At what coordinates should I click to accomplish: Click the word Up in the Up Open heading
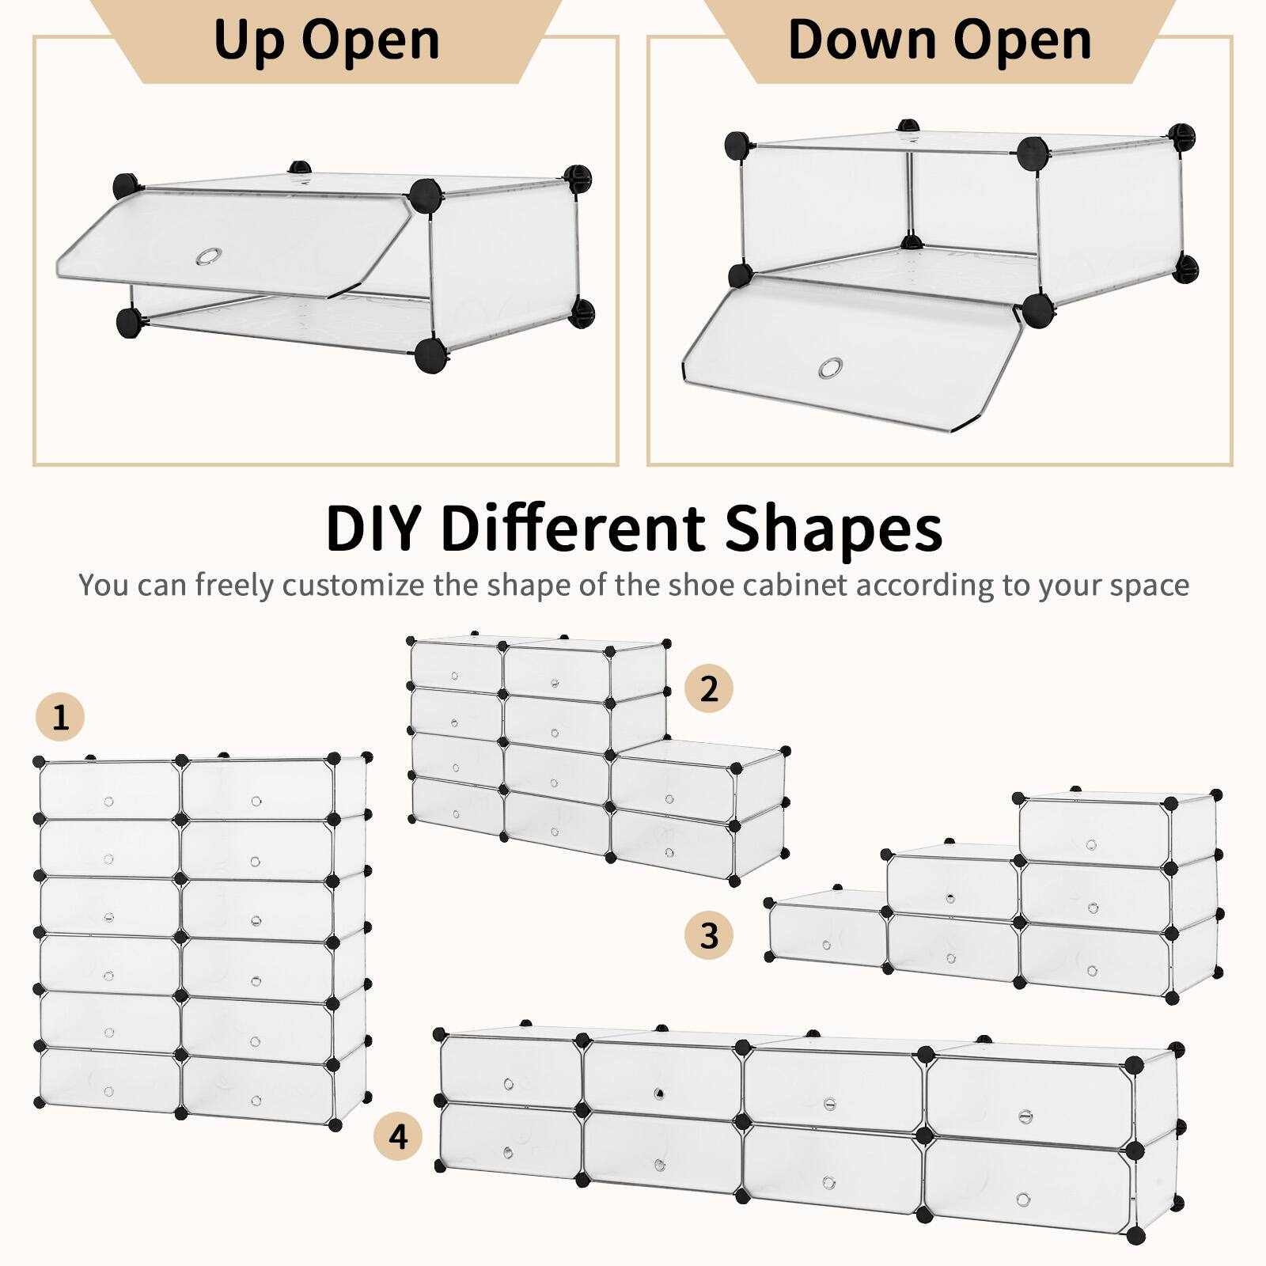[x=249, y=41]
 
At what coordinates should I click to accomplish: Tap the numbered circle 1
[x=60, y=718]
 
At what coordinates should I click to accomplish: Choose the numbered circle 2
[x=709, y=688]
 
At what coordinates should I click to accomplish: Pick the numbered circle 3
[x=709, y=935]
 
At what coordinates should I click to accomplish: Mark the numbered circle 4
[x=398, y=1136]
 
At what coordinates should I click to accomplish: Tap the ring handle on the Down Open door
[x=830, y=368]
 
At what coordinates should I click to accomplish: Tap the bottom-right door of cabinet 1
[x=257, y=1087]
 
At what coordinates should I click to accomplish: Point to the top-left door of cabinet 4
[x=510, y=1073]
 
